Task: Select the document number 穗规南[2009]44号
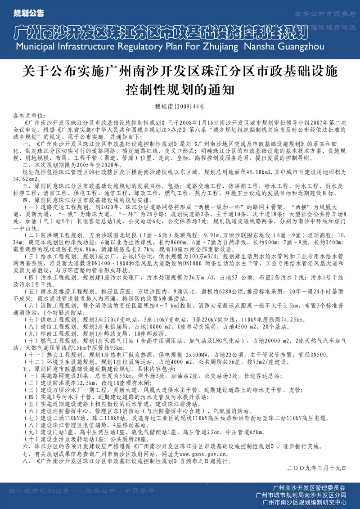pyautogui.click(x=180, y=107)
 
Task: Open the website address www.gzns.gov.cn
pyautogui.click(x=207, y=454)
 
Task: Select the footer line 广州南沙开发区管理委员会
pyautogui.click(x=310, y=487)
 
